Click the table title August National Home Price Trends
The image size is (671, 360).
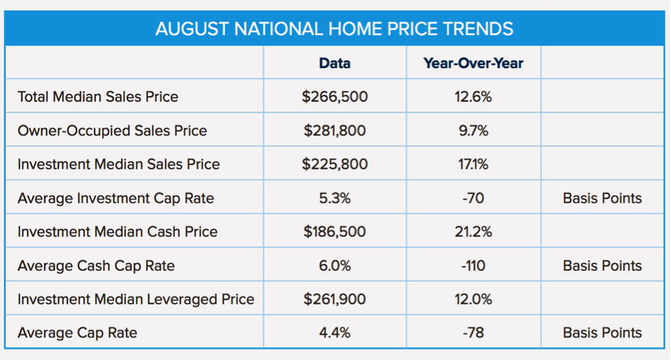pos(334,29)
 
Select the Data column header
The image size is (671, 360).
pos(334,63)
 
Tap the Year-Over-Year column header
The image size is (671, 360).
pos(473,63)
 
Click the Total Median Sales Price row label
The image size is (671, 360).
pos(97,97)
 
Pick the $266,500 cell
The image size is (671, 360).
pos(334,97)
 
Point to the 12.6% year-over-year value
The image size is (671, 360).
pos(473,97)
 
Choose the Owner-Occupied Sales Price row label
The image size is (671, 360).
pos(112,130)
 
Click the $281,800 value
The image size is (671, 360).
pos(334,130)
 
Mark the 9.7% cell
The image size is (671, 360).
pos(473,130)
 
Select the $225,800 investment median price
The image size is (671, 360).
pos(334,164)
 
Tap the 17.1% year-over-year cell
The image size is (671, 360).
pos(473,164)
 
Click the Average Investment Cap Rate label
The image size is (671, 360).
pos(115,198)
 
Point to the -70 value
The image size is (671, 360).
pos(473,198)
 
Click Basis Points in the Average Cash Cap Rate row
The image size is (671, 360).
pos(602,265)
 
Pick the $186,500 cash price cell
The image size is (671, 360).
pos(334,232)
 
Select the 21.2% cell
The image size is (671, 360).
pos(473,232)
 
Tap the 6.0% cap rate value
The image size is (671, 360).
pos(334,265)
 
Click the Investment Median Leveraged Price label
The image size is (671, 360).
pos(136,299)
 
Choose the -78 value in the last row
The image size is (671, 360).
pos(473,332)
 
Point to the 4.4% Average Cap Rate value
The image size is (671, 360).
pos(334,332)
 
